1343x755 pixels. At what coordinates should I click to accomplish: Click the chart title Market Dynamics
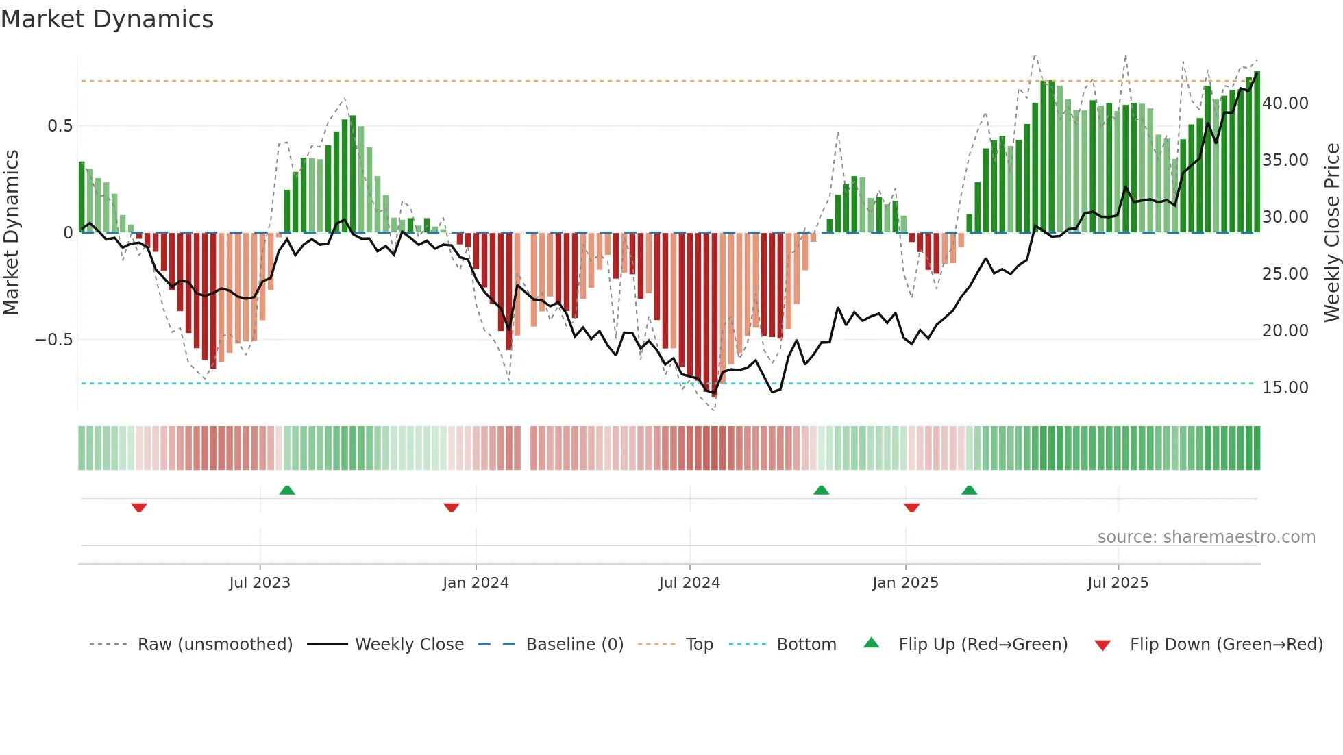tap(107, 19)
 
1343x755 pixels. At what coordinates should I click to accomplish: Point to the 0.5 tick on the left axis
tap(60, 126)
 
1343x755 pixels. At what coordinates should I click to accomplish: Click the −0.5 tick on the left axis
tap(54, 340)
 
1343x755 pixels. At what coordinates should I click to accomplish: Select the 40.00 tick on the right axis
tap(1285, 103)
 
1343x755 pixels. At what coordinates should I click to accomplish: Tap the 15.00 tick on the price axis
tap(1285, 388)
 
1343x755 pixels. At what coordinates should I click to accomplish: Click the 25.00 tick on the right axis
tap(1285, 274)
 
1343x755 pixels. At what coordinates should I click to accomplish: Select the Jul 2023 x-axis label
tap(260, 583)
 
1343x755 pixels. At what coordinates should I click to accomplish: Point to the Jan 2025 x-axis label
tap(905, 583)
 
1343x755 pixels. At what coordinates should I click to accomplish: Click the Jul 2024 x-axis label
tap(689, 583)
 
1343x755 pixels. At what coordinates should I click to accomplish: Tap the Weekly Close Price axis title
tap(1331, 233)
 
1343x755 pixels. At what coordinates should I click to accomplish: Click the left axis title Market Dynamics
tap(11, 233)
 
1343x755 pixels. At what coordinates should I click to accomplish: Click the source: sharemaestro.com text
tap(1206, 537)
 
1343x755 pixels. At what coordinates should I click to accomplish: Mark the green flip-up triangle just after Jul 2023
tap(287, 491)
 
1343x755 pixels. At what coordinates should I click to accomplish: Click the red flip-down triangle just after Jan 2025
tap(911, 508)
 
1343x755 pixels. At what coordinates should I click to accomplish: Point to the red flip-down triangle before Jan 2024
tap(451, 508)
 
